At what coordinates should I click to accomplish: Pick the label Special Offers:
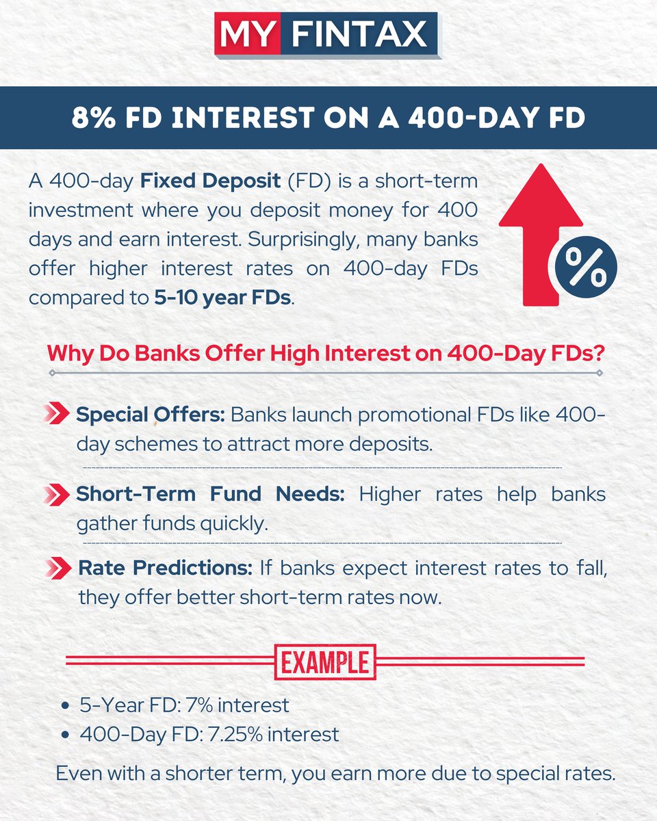(151, 415)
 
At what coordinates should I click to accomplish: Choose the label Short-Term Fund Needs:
(210, 493)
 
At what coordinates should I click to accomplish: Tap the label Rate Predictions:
(166, 568)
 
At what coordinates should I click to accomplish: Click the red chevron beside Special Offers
(57, 414)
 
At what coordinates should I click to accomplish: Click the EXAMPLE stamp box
(325, 662)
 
